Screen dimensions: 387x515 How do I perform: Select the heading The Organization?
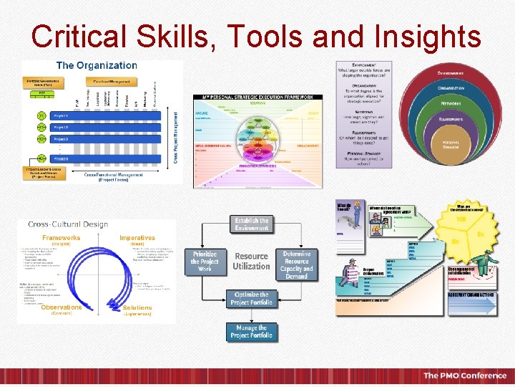(97, 65)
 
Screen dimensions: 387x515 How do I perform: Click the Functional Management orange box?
(111, 82)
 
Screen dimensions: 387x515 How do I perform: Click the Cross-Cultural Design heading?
(68, 224)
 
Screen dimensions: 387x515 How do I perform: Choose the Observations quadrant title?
(61, 307)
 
